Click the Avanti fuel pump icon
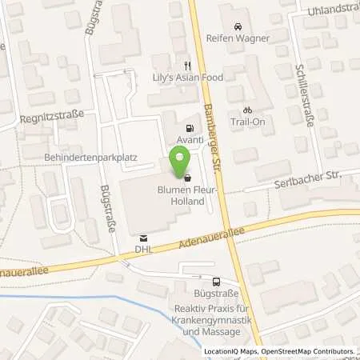click(189, 128)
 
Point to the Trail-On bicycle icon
click(247, 110)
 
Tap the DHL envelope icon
click(143, 238)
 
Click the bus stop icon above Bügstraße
click(217, 282)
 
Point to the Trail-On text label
click(248, 122)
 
